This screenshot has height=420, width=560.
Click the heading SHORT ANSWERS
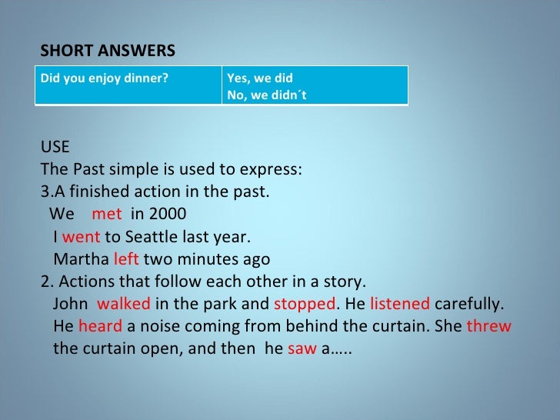pos(108,51)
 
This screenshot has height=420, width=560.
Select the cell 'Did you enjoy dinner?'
pos(104,78)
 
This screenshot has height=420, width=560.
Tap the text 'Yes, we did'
pos(259,78)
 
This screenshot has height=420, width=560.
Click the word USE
pos(54,148)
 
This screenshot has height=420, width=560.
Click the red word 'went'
pos(81,236)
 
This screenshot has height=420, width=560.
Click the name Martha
pos(81,258)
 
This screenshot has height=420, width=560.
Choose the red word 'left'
pos(125,258)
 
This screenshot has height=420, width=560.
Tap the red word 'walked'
pos(124,303)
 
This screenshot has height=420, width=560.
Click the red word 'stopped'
pos(305,303)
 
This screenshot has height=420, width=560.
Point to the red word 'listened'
pos(399,303)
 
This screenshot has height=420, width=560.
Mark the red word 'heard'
pos(100,325)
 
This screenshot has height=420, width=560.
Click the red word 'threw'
pos(488,325)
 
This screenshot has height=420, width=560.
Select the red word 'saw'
pos(302,348)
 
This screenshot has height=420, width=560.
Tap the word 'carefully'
pos(468,303)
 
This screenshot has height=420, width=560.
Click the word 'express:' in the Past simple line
pos(274,169)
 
